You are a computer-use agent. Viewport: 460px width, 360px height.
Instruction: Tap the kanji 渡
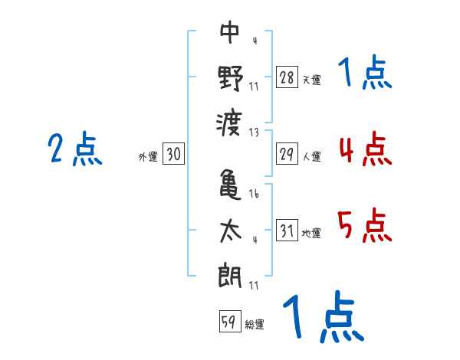coord(231,123)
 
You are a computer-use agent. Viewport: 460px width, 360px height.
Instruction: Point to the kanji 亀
coord(231,184)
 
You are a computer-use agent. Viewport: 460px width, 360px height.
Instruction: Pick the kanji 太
coord(231,230)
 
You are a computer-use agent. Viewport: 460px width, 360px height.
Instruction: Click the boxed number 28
coord(287,77)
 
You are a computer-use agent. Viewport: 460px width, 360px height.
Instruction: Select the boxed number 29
coord(287,154)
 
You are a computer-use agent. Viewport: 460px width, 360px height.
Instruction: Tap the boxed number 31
coord(287,231)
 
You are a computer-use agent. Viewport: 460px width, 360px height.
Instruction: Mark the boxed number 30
coord(173,154)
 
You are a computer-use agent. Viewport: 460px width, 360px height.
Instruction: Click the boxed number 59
coord(229,321)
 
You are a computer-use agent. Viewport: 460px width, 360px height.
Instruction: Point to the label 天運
coord(311,80)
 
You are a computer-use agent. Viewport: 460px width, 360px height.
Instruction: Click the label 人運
coord(311,157)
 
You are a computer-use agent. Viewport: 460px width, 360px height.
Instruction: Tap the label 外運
coord(147,157)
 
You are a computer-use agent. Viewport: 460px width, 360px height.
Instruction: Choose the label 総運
coord(254,324)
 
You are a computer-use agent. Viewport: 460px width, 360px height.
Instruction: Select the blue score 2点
coord(75,149)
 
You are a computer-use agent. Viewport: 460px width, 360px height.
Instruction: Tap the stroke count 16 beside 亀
coord(254,195)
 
